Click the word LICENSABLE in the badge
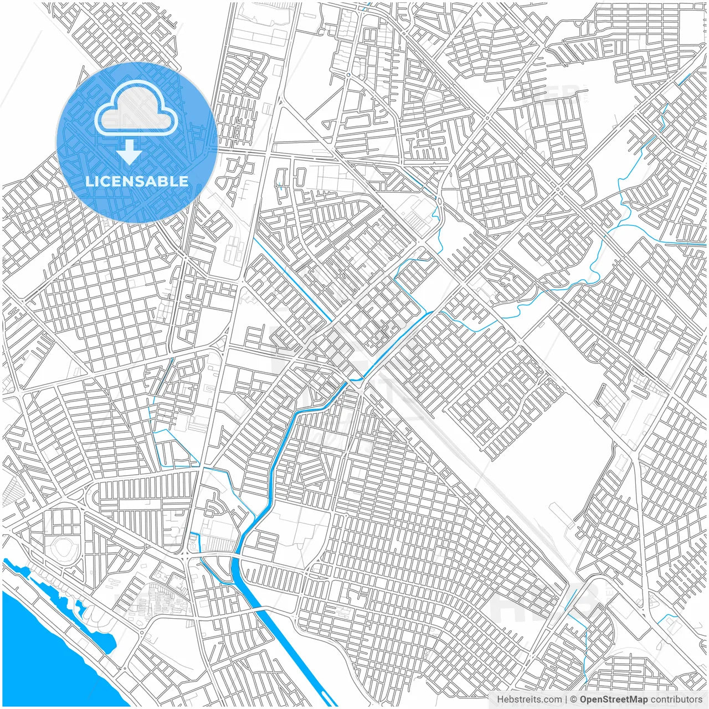click(136, 181)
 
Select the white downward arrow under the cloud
click(130, 152)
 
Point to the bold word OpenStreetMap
click(614, 700)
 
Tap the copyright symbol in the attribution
click(574, 700)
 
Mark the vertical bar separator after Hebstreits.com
click(566, 700)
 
